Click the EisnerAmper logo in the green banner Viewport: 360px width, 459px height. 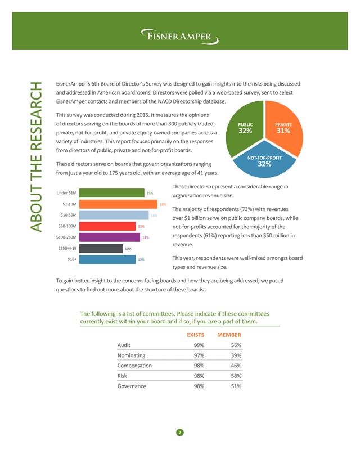[x=179, y=37]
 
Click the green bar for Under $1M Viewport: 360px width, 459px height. [x=112, y=193]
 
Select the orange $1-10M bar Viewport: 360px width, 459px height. [x=118, y=204]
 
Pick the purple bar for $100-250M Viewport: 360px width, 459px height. [x=110, y=237]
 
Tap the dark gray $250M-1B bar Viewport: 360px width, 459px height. [x=101, y=248]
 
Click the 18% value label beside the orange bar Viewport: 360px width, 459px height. [x=163, y=204]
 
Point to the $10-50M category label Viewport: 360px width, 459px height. [x=69, y=215]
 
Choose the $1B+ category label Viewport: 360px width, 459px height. [x=72, y=259]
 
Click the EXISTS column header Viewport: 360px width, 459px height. [x=196, y=335]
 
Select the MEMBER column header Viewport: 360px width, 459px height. [x=229, y=335]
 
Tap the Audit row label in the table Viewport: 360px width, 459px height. [x=124, y=345]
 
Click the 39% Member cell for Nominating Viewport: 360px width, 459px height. [x=236, y=355]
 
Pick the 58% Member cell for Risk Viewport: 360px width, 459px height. [x=236, y=376]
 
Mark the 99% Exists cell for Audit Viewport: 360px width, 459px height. [x=199, y=345]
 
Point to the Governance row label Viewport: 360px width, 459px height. [x=132, y=386]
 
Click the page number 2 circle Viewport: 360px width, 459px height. [x=180, y=433]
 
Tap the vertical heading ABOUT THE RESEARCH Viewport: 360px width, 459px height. [x=37, y=157]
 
